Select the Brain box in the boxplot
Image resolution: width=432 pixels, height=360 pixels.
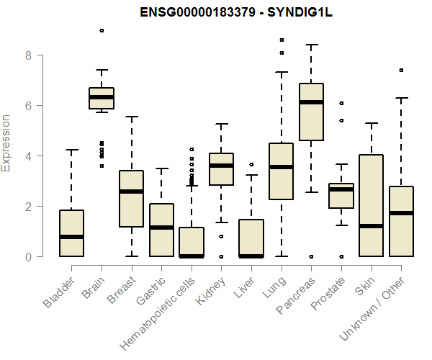tap(102, 99)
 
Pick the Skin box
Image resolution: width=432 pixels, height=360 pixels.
tap(371, 205)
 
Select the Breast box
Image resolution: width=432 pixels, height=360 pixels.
tap(131, 199)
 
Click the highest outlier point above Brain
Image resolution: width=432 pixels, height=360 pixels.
tap(102, 30)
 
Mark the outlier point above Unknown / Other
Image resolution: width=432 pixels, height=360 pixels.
tap(401, 70)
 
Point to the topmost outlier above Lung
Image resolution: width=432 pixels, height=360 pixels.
tap(281, 40)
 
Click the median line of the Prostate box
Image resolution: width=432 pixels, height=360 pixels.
tap(341, 189)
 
